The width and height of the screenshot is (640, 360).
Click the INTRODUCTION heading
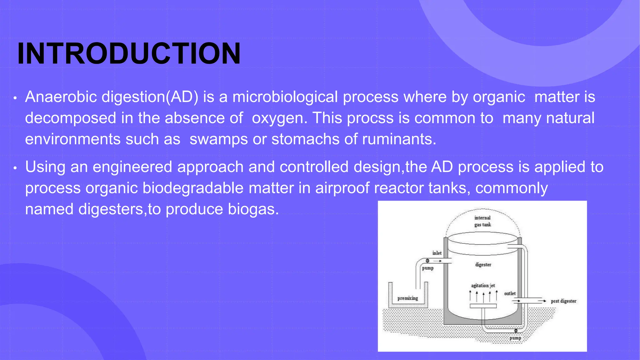pos(129,54)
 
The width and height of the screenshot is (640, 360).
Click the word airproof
pos(342,188)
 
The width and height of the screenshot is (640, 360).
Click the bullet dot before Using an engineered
pos(15,168)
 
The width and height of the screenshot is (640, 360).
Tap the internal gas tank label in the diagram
pos(482,221)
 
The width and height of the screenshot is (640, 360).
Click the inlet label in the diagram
pos(437,253)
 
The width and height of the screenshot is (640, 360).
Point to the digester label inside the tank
pos(483,265)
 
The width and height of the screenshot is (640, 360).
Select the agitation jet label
pos(483,286)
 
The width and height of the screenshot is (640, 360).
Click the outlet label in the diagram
pos(510,293)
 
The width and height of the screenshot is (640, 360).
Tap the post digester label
pos(563,301)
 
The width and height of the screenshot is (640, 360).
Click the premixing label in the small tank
pos(407,298)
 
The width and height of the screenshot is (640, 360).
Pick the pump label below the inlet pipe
pos(427,268)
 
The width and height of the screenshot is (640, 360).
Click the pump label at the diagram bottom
pos(515,338)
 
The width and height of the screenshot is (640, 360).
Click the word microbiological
pos(285,97)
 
